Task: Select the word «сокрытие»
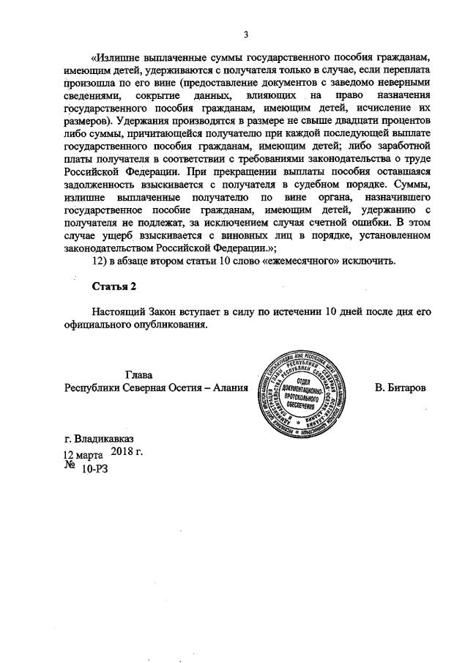pos(163,97)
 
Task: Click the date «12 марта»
pos(83,453)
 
